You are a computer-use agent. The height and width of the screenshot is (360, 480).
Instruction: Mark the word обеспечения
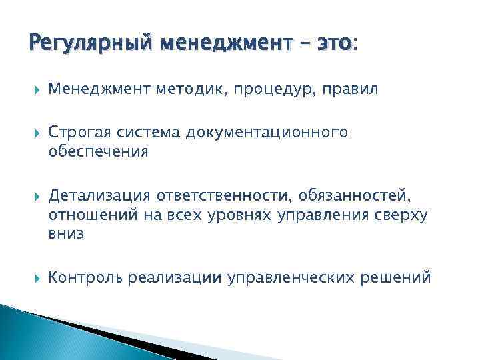98,151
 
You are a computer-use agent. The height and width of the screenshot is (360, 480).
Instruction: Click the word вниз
66,234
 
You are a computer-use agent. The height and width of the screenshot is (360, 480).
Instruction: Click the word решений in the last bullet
401,277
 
